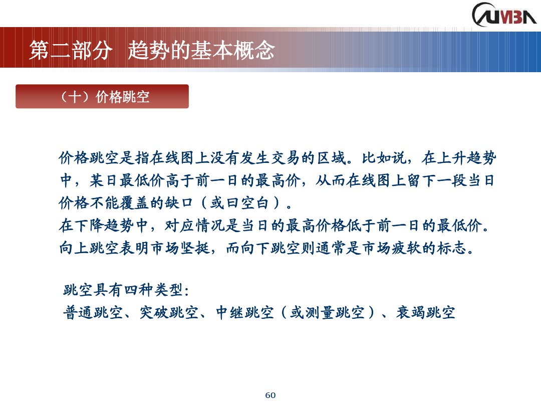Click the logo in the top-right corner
click(x=503, y=14)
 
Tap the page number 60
click(x=270, y=395)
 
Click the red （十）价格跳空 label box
click(x=102, y=96)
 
